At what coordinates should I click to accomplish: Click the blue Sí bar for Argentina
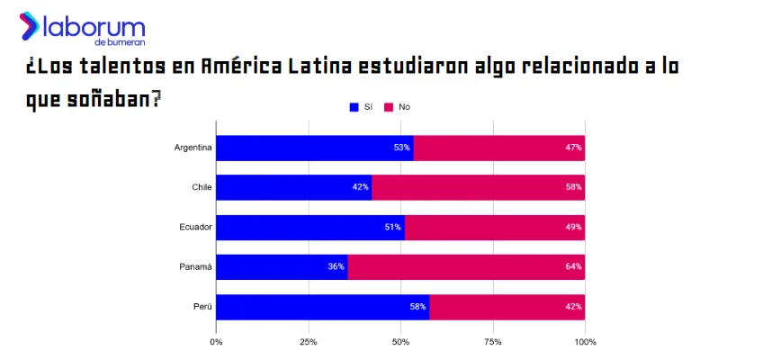(314, 148)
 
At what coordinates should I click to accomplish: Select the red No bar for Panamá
(465, 266)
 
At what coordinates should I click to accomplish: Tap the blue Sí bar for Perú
(322, 306)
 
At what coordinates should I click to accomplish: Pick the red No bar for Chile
(478, 187)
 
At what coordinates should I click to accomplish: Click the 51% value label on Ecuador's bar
(392, 227)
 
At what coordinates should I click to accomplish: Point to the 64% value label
(574, 266)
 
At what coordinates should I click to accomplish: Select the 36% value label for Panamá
(336, 266)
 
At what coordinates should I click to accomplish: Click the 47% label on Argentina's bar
(574, 148)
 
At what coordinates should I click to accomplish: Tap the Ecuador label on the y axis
(195, 227)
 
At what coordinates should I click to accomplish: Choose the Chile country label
(202, 187)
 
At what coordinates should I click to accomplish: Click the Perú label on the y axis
(202, 306)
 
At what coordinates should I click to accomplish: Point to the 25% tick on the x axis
(309, 342)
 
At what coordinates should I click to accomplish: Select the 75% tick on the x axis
(492, 342)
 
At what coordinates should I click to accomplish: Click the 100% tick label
(585, 342)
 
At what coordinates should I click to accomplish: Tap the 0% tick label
(216, 342)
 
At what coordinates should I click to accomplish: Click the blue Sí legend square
(354, 107)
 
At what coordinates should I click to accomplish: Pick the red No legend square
(389, 107)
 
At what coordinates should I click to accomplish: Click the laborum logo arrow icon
(29, 25)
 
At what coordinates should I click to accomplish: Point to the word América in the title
(240, 67)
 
